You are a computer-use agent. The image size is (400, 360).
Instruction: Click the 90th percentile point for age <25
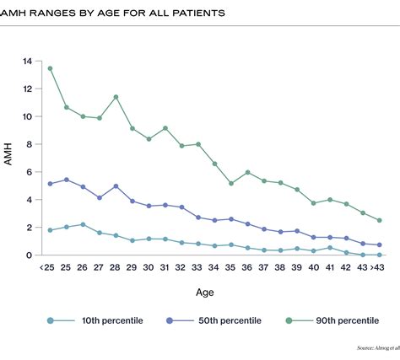[51, 68]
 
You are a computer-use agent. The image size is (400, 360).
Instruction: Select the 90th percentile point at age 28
[116, 97]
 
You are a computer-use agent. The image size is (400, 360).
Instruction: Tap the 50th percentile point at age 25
[67, 180]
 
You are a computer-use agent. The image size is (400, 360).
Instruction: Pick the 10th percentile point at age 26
[83, 224]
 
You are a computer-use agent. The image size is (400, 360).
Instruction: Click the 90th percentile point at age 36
[247, 172]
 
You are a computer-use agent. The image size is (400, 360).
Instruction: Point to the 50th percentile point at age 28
[116, 185]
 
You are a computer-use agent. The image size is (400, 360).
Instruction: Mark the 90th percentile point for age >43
[379, 220]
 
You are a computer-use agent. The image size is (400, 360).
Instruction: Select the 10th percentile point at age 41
[330, 248]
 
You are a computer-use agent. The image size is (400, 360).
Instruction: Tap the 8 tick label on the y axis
[29, 144]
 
